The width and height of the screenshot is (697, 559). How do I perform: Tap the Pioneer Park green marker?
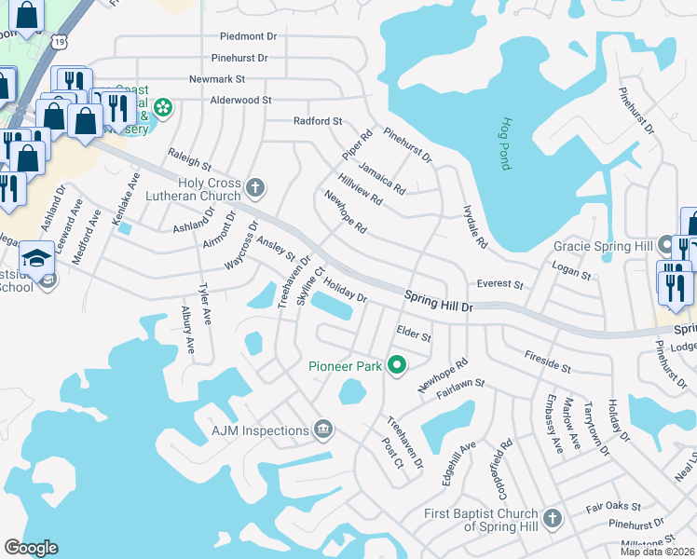pos(397,365)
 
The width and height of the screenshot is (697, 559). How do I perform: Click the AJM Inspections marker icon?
pos(322,429)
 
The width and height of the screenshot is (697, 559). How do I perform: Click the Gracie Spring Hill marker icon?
pos(665,246)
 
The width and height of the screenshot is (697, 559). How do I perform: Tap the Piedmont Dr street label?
pos(249,36)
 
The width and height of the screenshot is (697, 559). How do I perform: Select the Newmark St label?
pos(215,79)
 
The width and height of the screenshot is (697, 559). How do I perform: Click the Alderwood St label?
pos(240,100)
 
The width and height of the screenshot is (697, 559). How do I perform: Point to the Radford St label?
pos(318,121)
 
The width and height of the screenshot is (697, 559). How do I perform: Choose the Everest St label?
pos(500,283)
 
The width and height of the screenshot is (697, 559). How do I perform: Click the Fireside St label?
pos(547,361)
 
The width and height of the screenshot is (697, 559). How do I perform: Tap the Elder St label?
pos(414,333)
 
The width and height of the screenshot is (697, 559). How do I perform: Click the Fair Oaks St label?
pos(613,508)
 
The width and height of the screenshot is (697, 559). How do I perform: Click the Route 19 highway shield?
pos(60,42)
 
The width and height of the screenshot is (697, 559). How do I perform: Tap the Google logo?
pos(31,548)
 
